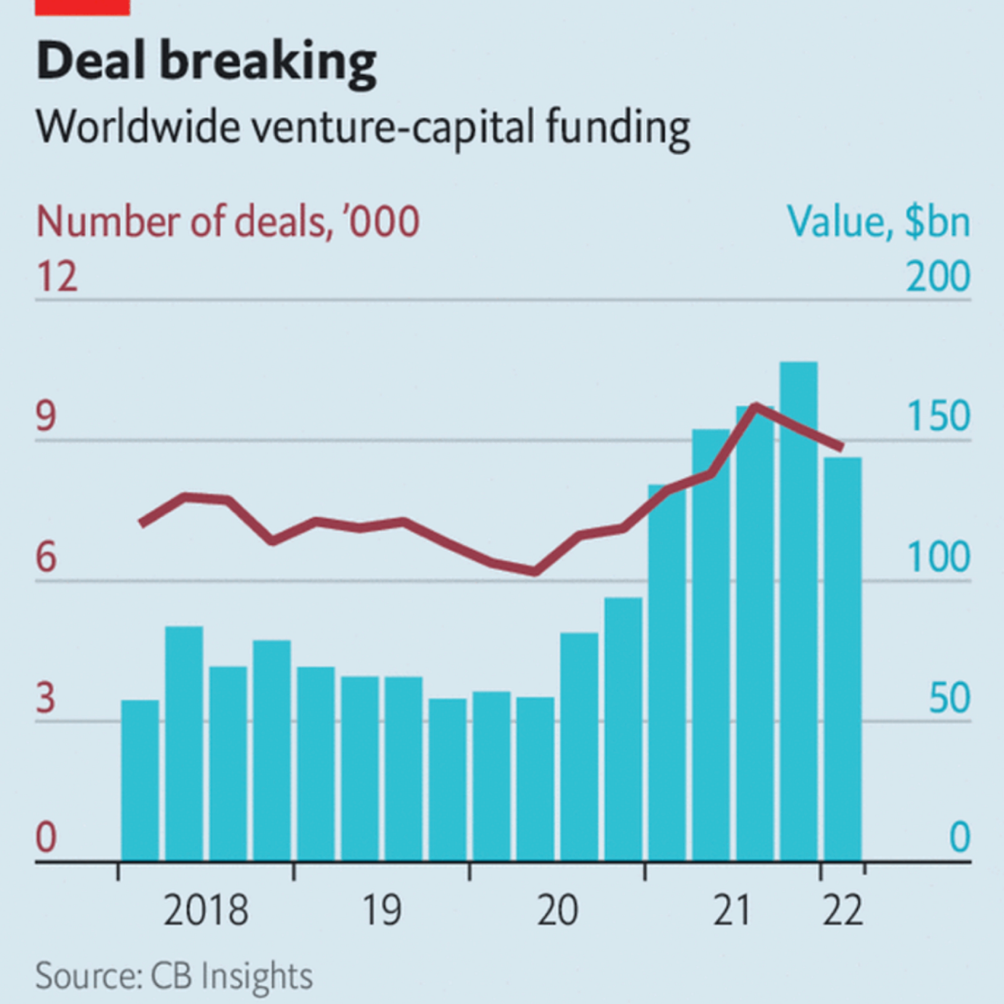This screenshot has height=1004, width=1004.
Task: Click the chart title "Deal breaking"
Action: coord(206,61)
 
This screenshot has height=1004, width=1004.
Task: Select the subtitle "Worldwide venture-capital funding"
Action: coord(362,127)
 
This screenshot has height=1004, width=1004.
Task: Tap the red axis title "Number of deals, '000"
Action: coord(228,222)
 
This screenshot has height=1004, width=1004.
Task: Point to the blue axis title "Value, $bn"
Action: coord(878,222)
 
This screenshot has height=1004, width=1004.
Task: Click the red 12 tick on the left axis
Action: coord(57,277)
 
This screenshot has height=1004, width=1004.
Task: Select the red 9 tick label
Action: coord(46,417)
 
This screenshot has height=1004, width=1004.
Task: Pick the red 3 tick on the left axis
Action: coord(46,698)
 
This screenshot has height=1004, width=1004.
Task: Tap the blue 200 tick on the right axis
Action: coord(938,277)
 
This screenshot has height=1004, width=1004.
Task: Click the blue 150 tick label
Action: coord(938,417)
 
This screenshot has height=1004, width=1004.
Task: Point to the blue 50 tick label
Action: coord(949,698)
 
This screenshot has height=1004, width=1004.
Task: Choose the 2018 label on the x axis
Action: coord(205,910)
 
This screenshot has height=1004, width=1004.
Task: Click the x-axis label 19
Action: coord(381,910)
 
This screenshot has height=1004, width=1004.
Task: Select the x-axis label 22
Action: coord(842,910)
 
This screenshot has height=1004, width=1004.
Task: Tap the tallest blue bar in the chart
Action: coord(798,611)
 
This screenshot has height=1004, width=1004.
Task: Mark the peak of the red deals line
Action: coord(756,406)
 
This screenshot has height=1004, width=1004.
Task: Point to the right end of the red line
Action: coord(842,447)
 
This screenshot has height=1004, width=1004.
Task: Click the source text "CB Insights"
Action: coord(231,976)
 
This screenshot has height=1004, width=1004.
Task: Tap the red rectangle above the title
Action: coord(82,7)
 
